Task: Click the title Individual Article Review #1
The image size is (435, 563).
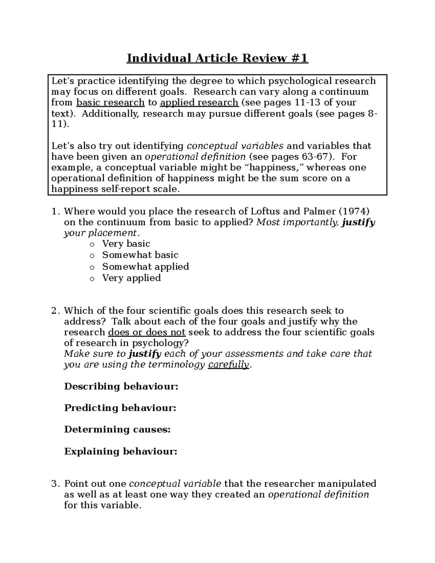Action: coord(217,58)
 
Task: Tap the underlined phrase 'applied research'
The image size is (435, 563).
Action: coord(199,103)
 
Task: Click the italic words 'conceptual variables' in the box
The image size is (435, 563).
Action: coord(235,146)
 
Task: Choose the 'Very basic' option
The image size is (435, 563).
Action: coord(126,244)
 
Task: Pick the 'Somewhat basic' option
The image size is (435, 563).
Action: coord(140,255)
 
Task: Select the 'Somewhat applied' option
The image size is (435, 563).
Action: coord(145,266)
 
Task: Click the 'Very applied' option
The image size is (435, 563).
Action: coord(131,278)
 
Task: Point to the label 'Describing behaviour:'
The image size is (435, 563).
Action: coord(121,386)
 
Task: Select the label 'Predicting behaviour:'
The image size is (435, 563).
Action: coord(120,408)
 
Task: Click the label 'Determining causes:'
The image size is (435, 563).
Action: coord(117,430)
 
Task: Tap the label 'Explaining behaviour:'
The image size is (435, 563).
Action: coord(121,452)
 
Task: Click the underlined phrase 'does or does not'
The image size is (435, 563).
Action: coord(147,332)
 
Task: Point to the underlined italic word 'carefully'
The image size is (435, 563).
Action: coord(228,365)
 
